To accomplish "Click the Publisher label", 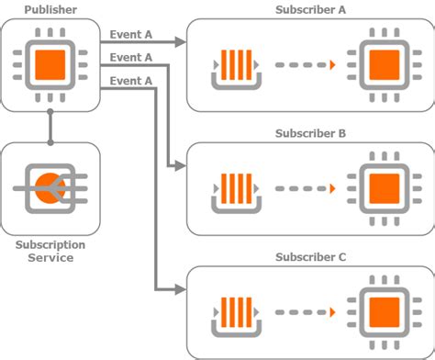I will (50, 10).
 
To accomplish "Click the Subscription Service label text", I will (50, 252).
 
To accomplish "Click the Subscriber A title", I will (310, 10).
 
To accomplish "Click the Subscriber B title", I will (310, 133).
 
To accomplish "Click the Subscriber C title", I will (310, 257).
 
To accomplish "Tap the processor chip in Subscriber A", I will (381, 65).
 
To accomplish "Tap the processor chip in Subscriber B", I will (381, 189).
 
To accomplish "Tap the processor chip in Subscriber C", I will (381, 312).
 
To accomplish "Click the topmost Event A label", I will (130, 35).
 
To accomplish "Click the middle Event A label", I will (130, 58).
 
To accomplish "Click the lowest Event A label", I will (130, 81).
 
